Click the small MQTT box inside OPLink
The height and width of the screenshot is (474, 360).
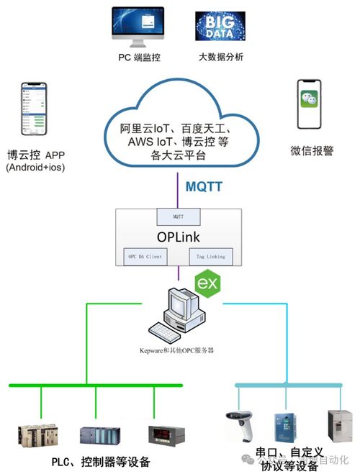coord(179,214)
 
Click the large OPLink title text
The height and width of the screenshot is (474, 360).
coord(178,235)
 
